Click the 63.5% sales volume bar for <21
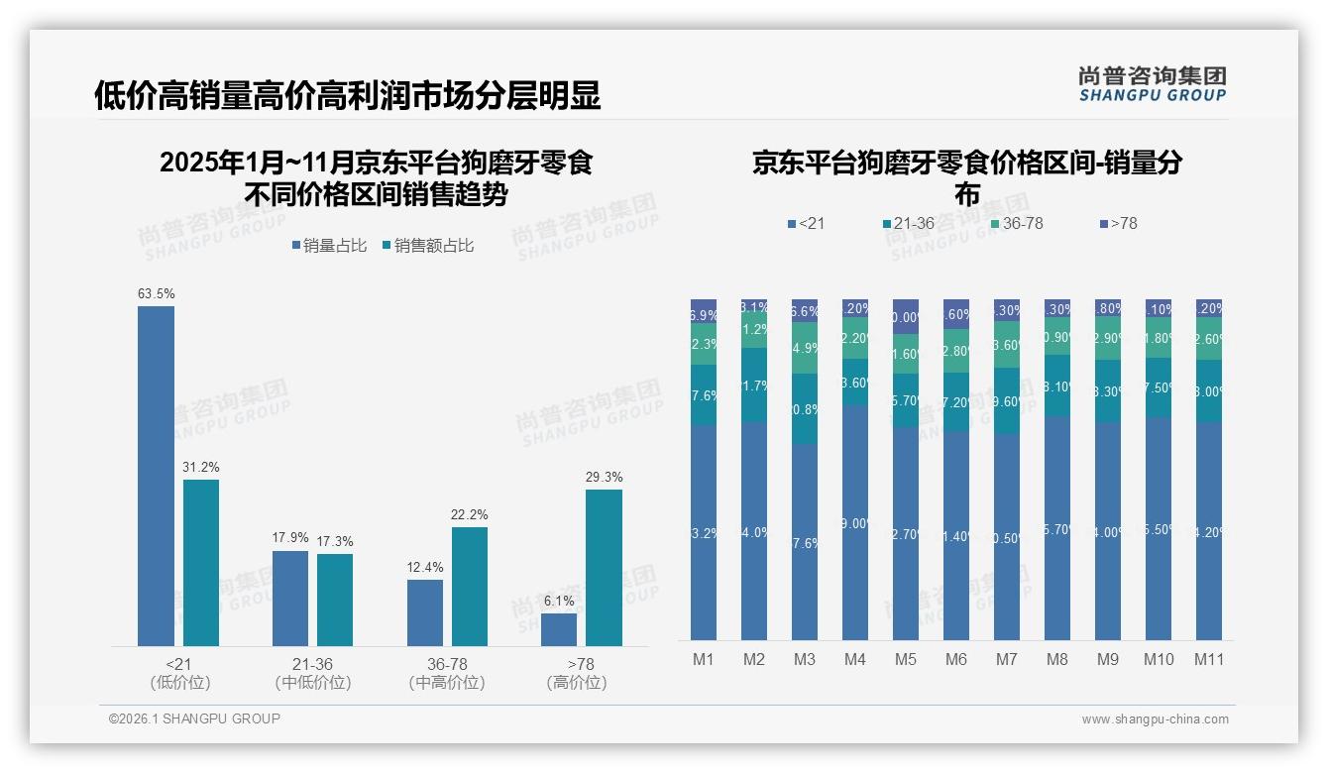[156, 476]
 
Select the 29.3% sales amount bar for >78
[604, 568]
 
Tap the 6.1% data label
[559, 601]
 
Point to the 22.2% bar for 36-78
[470, 587]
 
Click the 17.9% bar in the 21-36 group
[290, 599]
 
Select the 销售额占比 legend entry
[427, 246]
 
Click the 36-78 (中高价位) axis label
[446, 673]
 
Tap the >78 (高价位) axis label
[581, 673]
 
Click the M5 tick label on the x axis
[905, 660]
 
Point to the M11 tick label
[1208, 660]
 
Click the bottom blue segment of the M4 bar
[854, 522]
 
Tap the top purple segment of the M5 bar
[905, 316]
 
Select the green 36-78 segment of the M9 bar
[1107, 339]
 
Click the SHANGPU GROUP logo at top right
[1152, 84]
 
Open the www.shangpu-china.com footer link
[1155, 719]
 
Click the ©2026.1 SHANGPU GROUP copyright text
[194, 718]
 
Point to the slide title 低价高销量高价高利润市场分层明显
[347, 96]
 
